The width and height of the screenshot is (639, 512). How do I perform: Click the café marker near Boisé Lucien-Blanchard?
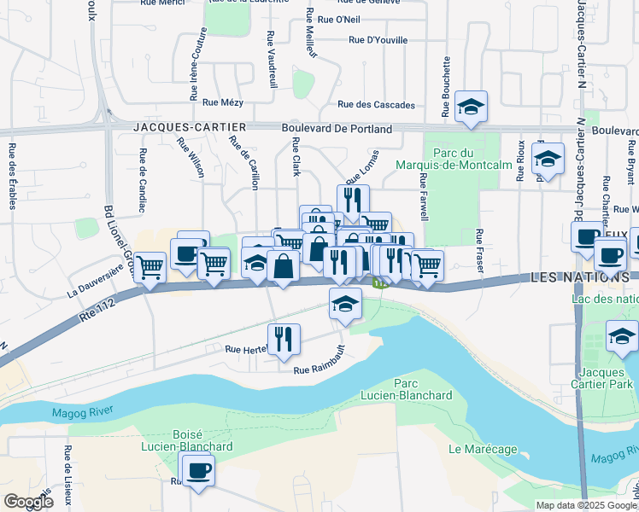[x=198, y=470]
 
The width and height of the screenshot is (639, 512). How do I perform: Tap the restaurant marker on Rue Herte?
[x=284, y=339]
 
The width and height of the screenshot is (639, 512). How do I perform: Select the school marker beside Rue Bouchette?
[x=470, y=107]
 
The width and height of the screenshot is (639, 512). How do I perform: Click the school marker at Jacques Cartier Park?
[x=621, y=337]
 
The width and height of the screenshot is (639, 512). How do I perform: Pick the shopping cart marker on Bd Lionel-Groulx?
[x=149, y=268]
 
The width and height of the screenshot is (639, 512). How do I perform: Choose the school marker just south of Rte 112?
[x=344, y=304]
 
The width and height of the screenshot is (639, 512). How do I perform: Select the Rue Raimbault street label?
[x=319, y=369]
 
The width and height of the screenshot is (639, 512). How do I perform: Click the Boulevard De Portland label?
[x=337, y=129]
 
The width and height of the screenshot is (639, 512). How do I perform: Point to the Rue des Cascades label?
[x=377, y=105]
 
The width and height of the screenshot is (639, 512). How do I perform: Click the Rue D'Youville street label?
[x=378, y=40]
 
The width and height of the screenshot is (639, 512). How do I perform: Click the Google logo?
[x=28, y=501]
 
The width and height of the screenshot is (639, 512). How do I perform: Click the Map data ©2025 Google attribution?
[x=585, y=505]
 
